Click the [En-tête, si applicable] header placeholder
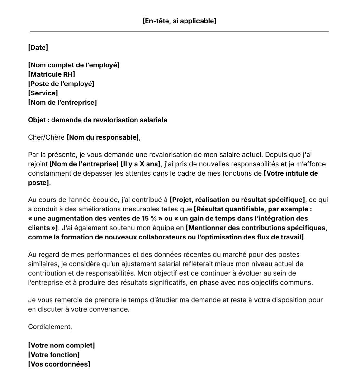click(x=179, y=21)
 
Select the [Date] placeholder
click(x=38, y=48)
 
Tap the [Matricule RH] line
click(x=52, y=74)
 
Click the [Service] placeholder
click(x=43, y=93)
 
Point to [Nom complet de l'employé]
click(x=73, y=65)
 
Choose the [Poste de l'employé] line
click(x=61, y=84)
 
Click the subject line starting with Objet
click(x=98, y=120)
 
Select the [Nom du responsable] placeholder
click(x=103, y=137)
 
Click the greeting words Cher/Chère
click(x=46, y=137)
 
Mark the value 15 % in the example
click(x=149, y=218)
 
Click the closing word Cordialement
click(x=50, y=327)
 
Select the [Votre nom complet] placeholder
click(x=62, y=346)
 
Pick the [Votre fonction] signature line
click(x=54, y=355)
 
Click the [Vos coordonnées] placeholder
click(x=59, y=364)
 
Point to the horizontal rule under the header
click(x=179, y=32)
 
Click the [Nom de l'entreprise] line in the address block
click(x=62, y=103)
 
